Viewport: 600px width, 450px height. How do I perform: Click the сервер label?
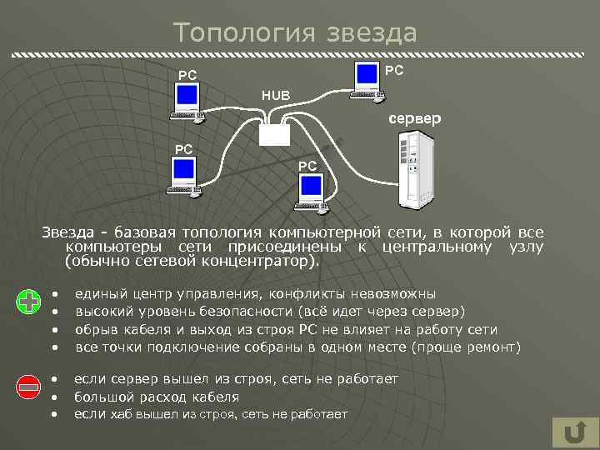coord(414,119)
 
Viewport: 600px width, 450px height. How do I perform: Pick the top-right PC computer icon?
coord(367,79)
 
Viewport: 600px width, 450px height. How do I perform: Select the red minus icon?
coord(29,386)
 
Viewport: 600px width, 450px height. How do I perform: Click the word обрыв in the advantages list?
coord(95,329)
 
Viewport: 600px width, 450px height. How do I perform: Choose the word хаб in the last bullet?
coord(121,414)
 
